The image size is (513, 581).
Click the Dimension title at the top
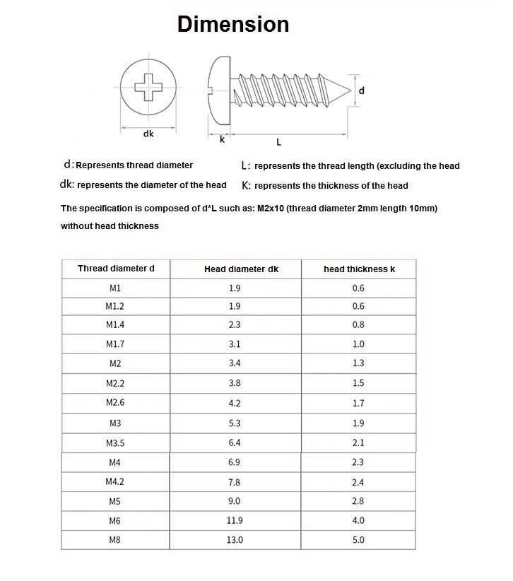pos(232,24)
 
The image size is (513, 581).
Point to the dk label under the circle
pos(148,133)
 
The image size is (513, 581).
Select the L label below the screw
pos(278,142)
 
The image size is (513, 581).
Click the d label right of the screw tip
pos(362,91)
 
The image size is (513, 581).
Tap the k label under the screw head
pos(222,140)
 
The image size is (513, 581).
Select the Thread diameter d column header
pos(115,269)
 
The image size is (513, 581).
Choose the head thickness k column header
pos(358,269)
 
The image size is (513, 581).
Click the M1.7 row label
pos(115,344)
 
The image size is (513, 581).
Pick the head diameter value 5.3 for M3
pos(235,423)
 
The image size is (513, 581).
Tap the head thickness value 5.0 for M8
pos(358,540)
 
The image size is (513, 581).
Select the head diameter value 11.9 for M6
pos(235,520)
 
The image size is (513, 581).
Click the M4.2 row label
pos(115,482)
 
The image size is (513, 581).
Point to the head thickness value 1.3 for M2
pos(358,363)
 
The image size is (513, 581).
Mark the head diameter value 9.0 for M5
pos(235,501)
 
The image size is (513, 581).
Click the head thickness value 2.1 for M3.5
pos(358,443)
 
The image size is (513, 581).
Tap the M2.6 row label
pos(115,403)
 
